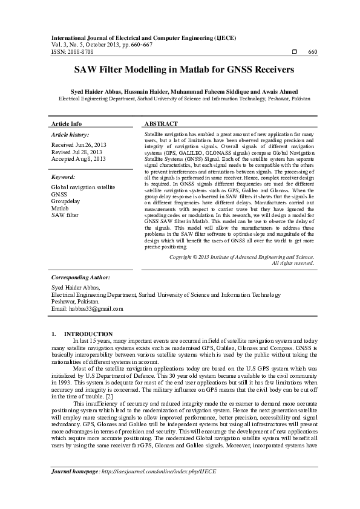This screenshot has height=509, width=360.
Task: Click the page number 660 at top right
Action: point(313,52)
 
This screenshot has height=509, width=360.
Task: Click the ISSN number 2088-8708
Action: point(80,52)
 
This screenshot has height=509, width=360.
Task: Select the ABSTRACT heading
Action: point(162,123)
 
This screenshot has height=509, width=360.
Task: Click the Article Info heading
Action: point(67,123)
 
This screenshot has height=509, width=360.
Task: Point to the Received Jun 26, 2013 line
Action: point(79,146)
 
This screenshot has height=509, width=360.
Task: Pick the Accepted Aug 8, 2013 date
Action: point(79,159)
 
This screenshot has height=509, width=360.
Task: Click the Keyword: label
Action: point(63,177)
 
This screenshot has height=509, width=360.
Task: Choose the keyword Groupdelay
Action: point(67,201)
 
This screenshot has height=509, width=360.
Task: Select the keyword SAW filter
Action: point(65,215)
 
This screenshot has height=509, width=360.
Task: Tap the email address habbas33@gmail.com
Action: point(87,308)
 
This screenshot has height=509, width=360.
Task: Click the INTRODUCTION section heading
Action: point(88,334)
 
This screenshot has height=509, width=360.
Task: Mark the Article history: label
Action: point(70,134)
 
